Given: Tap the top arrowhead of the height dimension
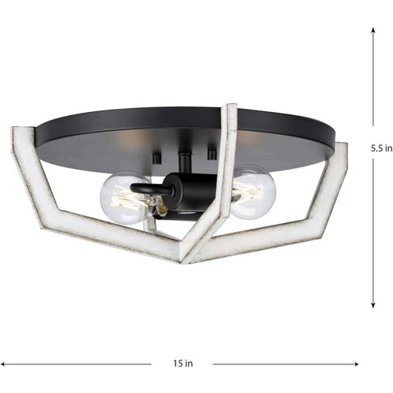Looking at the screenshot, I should pos(373,29).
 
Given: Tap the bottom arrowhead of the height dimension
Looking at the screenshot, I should pos(373,306).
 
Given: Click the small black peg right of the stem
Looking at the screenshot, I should pos(212,151).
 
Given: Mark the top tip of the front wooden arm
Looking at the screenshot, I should pos(230,108).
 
